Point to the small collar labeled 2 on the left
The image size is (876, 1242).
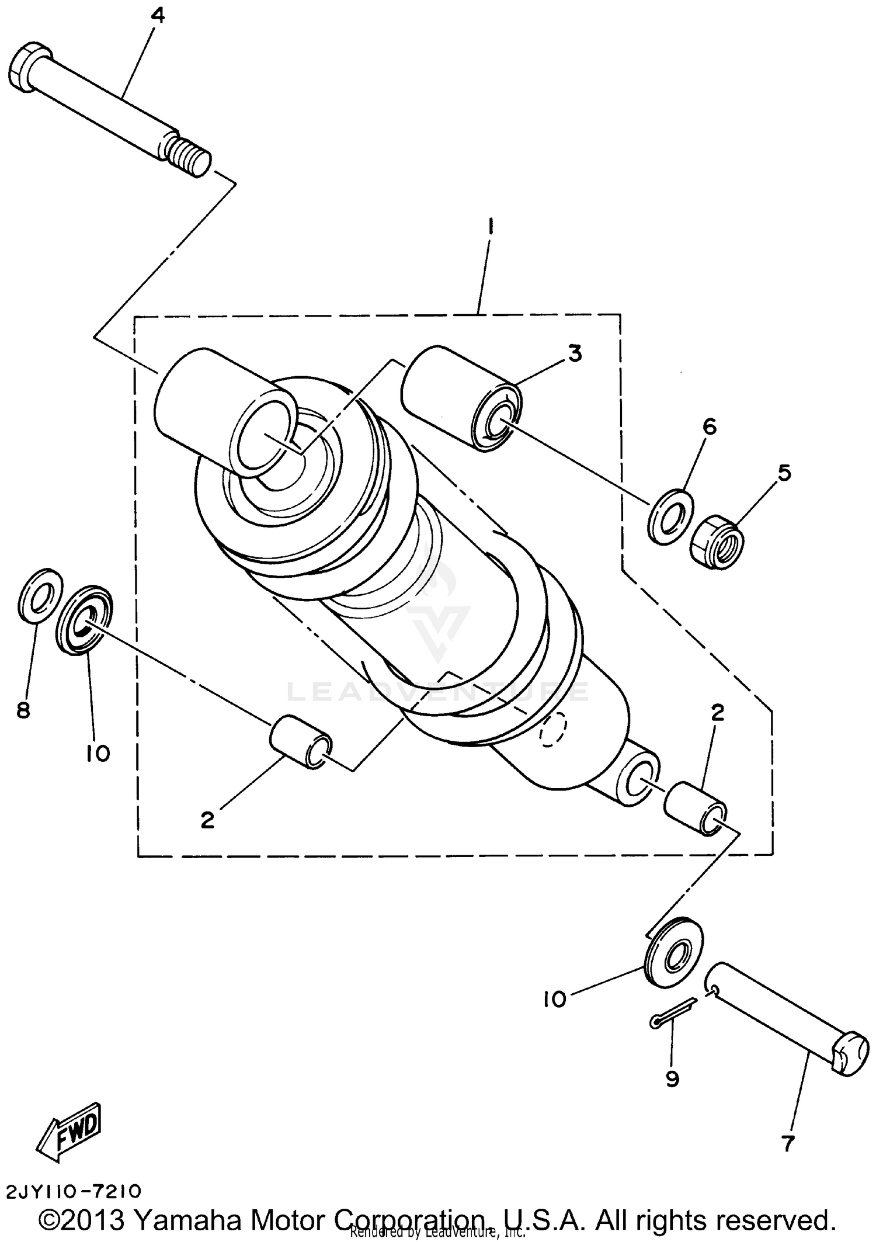300,743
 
